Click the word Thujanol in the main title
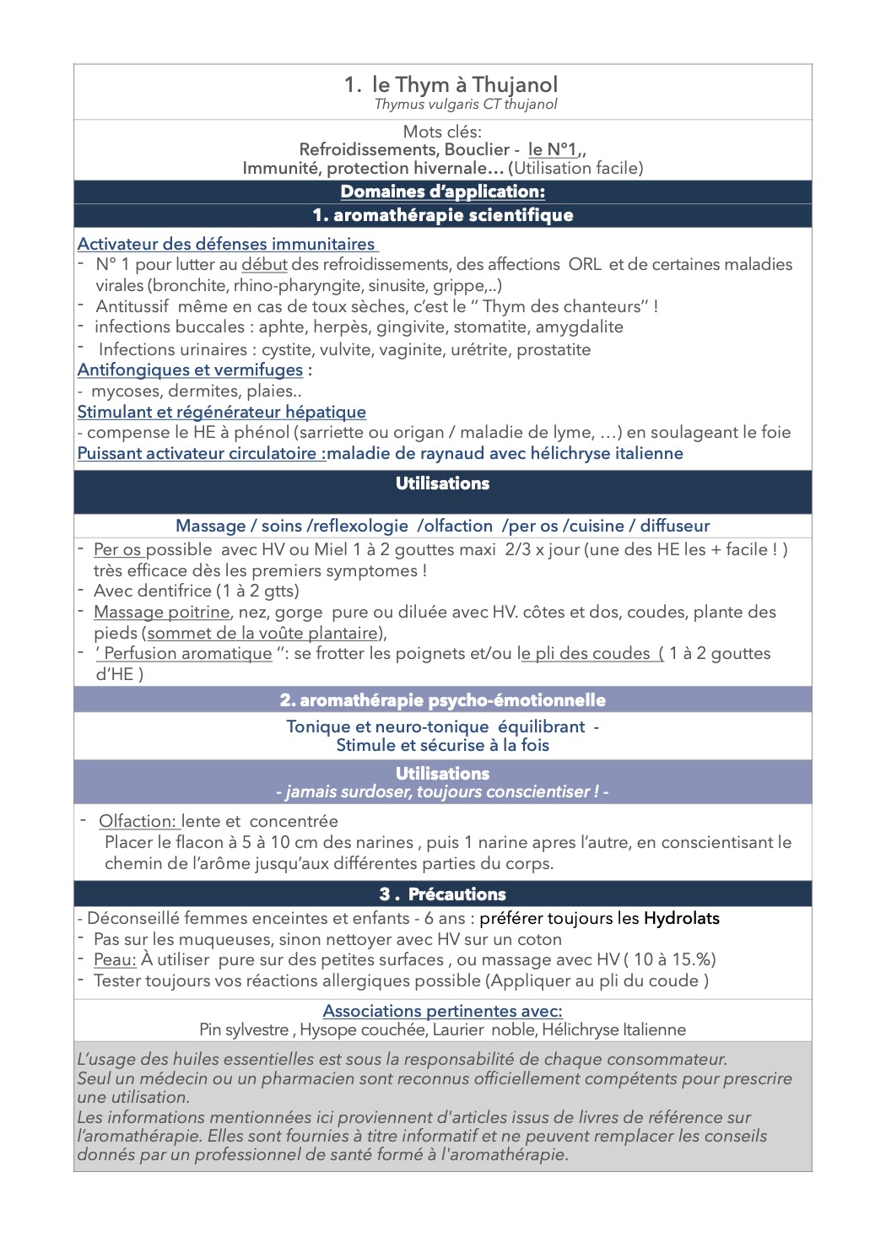pos(515,84)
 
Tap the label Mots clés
pos(442,132)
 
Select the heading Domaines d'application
pos(442,192)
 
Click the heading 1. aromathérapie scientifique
pos(442,215)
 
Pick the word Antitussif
pos(132,306)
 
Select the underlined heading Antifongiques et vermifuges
pos(190,370)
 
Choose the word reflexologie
pos(358,526)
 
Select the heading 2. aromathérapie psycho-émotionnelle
pos(442,700)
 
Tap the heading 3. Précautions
pos(442,894)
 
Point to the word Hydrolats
pos(681,918)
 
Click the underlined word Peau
pos(115,959)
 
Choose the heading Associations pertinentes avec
pos(442,1011)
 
